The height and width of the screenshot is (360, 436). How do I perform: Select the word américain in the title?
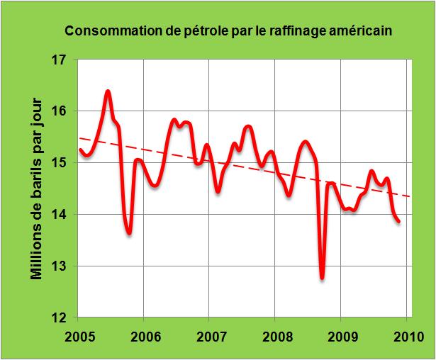[x=358, y=32]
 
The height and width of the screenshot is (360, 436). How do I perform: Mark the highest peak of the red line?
[x=108, y=91]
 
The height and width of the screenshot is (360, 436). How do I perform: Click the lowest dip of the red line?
[x=322, y=278]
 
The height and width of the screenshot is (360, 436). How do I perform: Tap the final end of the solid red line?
[x=398, y=221]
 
